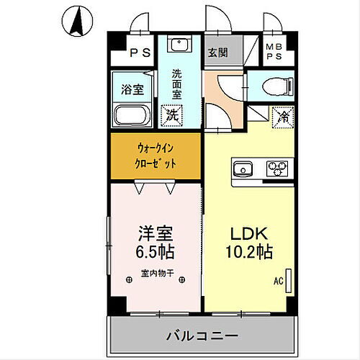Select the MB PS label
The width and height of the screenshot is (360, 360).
[274, 53]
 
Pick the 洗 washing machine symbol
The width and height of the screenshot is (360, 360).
[173, 114]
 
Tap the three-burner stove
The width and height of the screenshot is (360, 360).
[276, 170]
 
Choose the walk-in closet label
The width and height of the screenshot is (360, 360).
[156, 156]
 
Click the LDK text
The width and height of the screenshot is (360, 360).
[250, 235]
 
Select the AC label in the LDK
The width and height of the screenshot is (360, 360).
[278, 282]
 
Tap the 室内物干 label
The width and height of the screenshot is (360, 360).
[156, 273]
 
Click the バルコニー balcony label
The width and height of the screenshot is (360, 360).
[202, 336]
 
